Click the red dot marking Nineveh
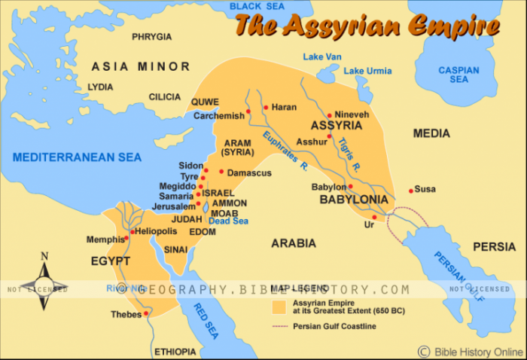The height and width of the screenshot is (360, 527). [330, 116]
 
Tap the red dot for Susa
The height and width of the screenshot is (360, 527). [411, 190]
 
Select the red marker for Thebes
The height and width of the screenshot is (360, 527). [147, 313]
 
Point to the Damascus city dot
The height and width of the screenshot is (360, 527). [221, 172]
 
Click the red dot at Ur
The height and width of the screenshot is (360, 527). [374, 217]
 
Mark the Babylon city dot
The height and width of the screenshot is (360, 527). [350, 186]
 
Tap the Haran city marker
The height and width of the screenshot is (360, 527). [266, 107]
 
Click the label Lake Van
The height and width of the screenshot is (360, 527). [323, 57]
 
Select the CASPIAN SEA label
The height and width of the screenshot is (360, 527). [458, 75]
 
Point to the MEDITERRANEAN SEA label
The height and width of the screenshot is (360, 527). [77, 157]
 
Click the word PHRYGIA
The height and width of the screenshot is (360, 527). [151, 36]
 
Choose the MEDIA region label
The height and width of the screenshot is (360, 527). [431, 133]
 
